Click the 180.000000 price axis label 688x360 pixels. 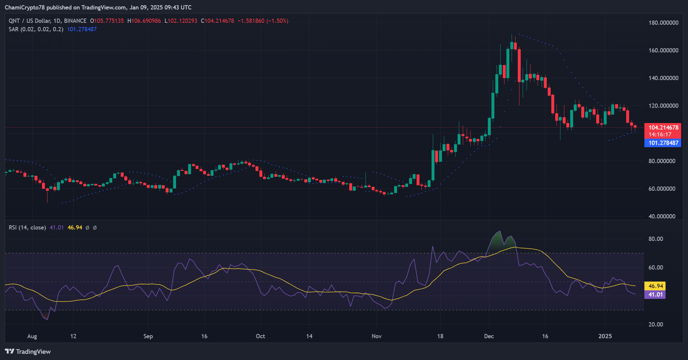tap(663, 22)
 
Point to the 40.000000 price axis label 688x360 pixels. tap(662, 216)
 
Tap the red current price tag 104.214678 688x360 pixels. tap(663, 127)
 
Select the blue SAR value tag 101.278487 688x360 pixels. tap(663, 143)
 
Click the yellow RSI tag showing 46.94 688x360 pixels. tap(655, 286)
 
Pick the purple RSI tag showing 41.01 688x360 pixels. tap(655, 295)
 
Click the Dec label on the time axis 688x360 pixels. tap(489, 336)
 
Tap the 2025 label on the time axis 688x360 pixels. tap(605, 336)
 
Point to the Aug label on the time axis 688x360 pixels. tap(32, 336)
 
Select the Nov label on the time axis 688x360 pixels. tap(377, 336)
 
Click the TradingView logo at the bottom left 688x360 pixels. tap(28, 352)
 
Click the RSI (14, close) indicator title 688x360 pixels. tap(27, 228)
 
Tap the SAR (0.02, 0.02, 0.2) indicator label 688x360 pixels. tap(36, 29)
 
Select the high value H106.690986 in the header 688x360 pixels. tap(144, 21)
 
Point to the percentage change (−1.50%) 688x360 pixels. tap(277, 21)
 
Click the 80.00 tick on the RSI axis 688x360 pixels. tap(655, 239)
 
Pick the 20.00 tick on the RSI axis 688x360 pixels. tap(655, 324)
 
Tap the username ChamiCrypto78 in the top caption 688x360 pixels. tap(25, 7)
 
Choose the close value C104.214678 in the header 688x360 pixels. tap(217, 21)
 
